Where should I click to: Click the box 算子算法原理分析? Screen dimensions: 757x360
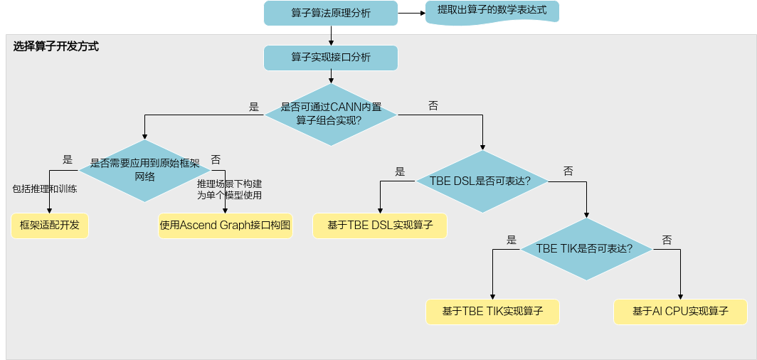pyautogui.click(x=331, y=13)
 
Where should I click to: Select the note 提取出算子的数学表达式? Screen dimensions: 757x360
pyautogui.click(x=492, y=11)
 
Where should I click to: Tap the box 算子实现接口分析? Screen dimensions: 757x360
pyautogui.click(x=331, y=58)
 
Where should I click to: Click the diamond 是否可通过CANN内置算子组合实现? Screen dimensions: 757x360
pyautogui.click(x=331, y=115)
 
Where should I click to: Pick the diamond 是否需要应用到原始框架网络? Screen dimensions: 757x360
pyautogui.click(x=145, y=170)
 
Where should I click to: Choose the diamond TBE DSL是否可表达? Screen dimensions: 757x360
pyautogui.click(x=482, y=181)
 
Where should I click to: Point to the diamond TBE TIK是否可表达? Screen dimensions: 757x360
pyautogui.click(x=586, y=249)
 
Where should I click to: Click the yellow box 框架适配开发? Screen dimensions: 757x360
pyautogui.click(x=50, y=226)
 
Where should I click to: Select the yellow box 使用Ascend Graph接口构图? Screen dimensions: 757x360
pyautogui.click(x=226, y=226)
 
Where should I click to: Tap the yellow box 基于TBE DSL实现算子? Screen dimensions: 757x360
pyautogui.click(x=380, y=226)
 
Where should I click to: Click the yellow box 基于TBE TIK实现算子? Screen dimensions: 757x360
pyautogui.click(x=492, y=311)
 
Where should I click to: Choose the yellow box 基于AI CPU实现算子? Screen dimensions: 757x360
pyautogui.click(x=680, y=311)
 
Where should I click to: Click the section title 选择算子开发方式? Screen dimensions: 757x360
pyautogui.click(x=56, y=47)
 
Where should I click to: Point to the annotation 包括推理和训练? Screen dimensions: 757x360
pyautogui.click(x=44, y=189)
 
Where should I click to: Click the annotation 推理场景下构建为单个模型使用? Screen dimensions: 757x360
pyautogui.click(x=229, y=190)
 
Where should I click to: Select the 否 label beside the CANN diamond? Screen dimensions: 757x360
pyautogui.click(x=433, y=106)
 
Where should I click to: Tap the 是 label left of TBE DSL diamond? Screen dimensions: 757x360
pyautogui.click(x=400, y=171)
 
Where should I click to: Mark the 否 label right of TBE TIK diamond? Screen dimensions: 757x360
pyautogui.click(x=667, y=240)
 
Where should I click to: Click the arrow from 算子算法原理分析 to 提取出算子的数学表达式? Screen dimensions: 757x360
pyautogui.click(x=411, y=13)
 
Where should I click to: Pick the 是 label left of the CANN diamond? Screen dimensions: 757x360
pyautogui.click(x=254, y=107)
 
